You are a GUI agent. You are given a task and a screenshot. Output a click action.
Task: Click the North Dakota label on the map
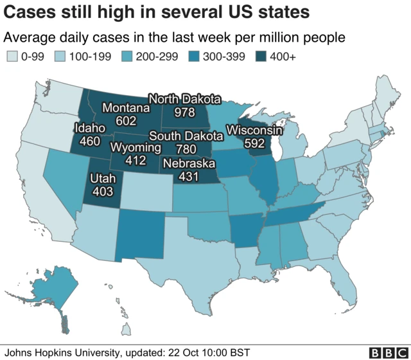pos(184,100)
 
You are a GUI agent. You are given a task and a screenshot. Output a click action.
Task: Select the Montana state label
pos(126,107)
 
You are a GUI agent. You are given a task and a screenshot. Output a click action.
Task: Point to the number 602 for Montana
pos(126,120)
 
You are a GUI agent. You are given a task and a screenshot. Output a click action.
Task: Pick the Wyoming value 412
pos(136,160)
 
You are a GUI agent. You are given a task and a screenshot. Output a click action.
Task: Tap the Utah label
pos(103,179)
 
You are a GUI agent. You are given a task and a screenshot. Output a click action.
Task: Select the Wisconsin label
pos(254,131)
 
